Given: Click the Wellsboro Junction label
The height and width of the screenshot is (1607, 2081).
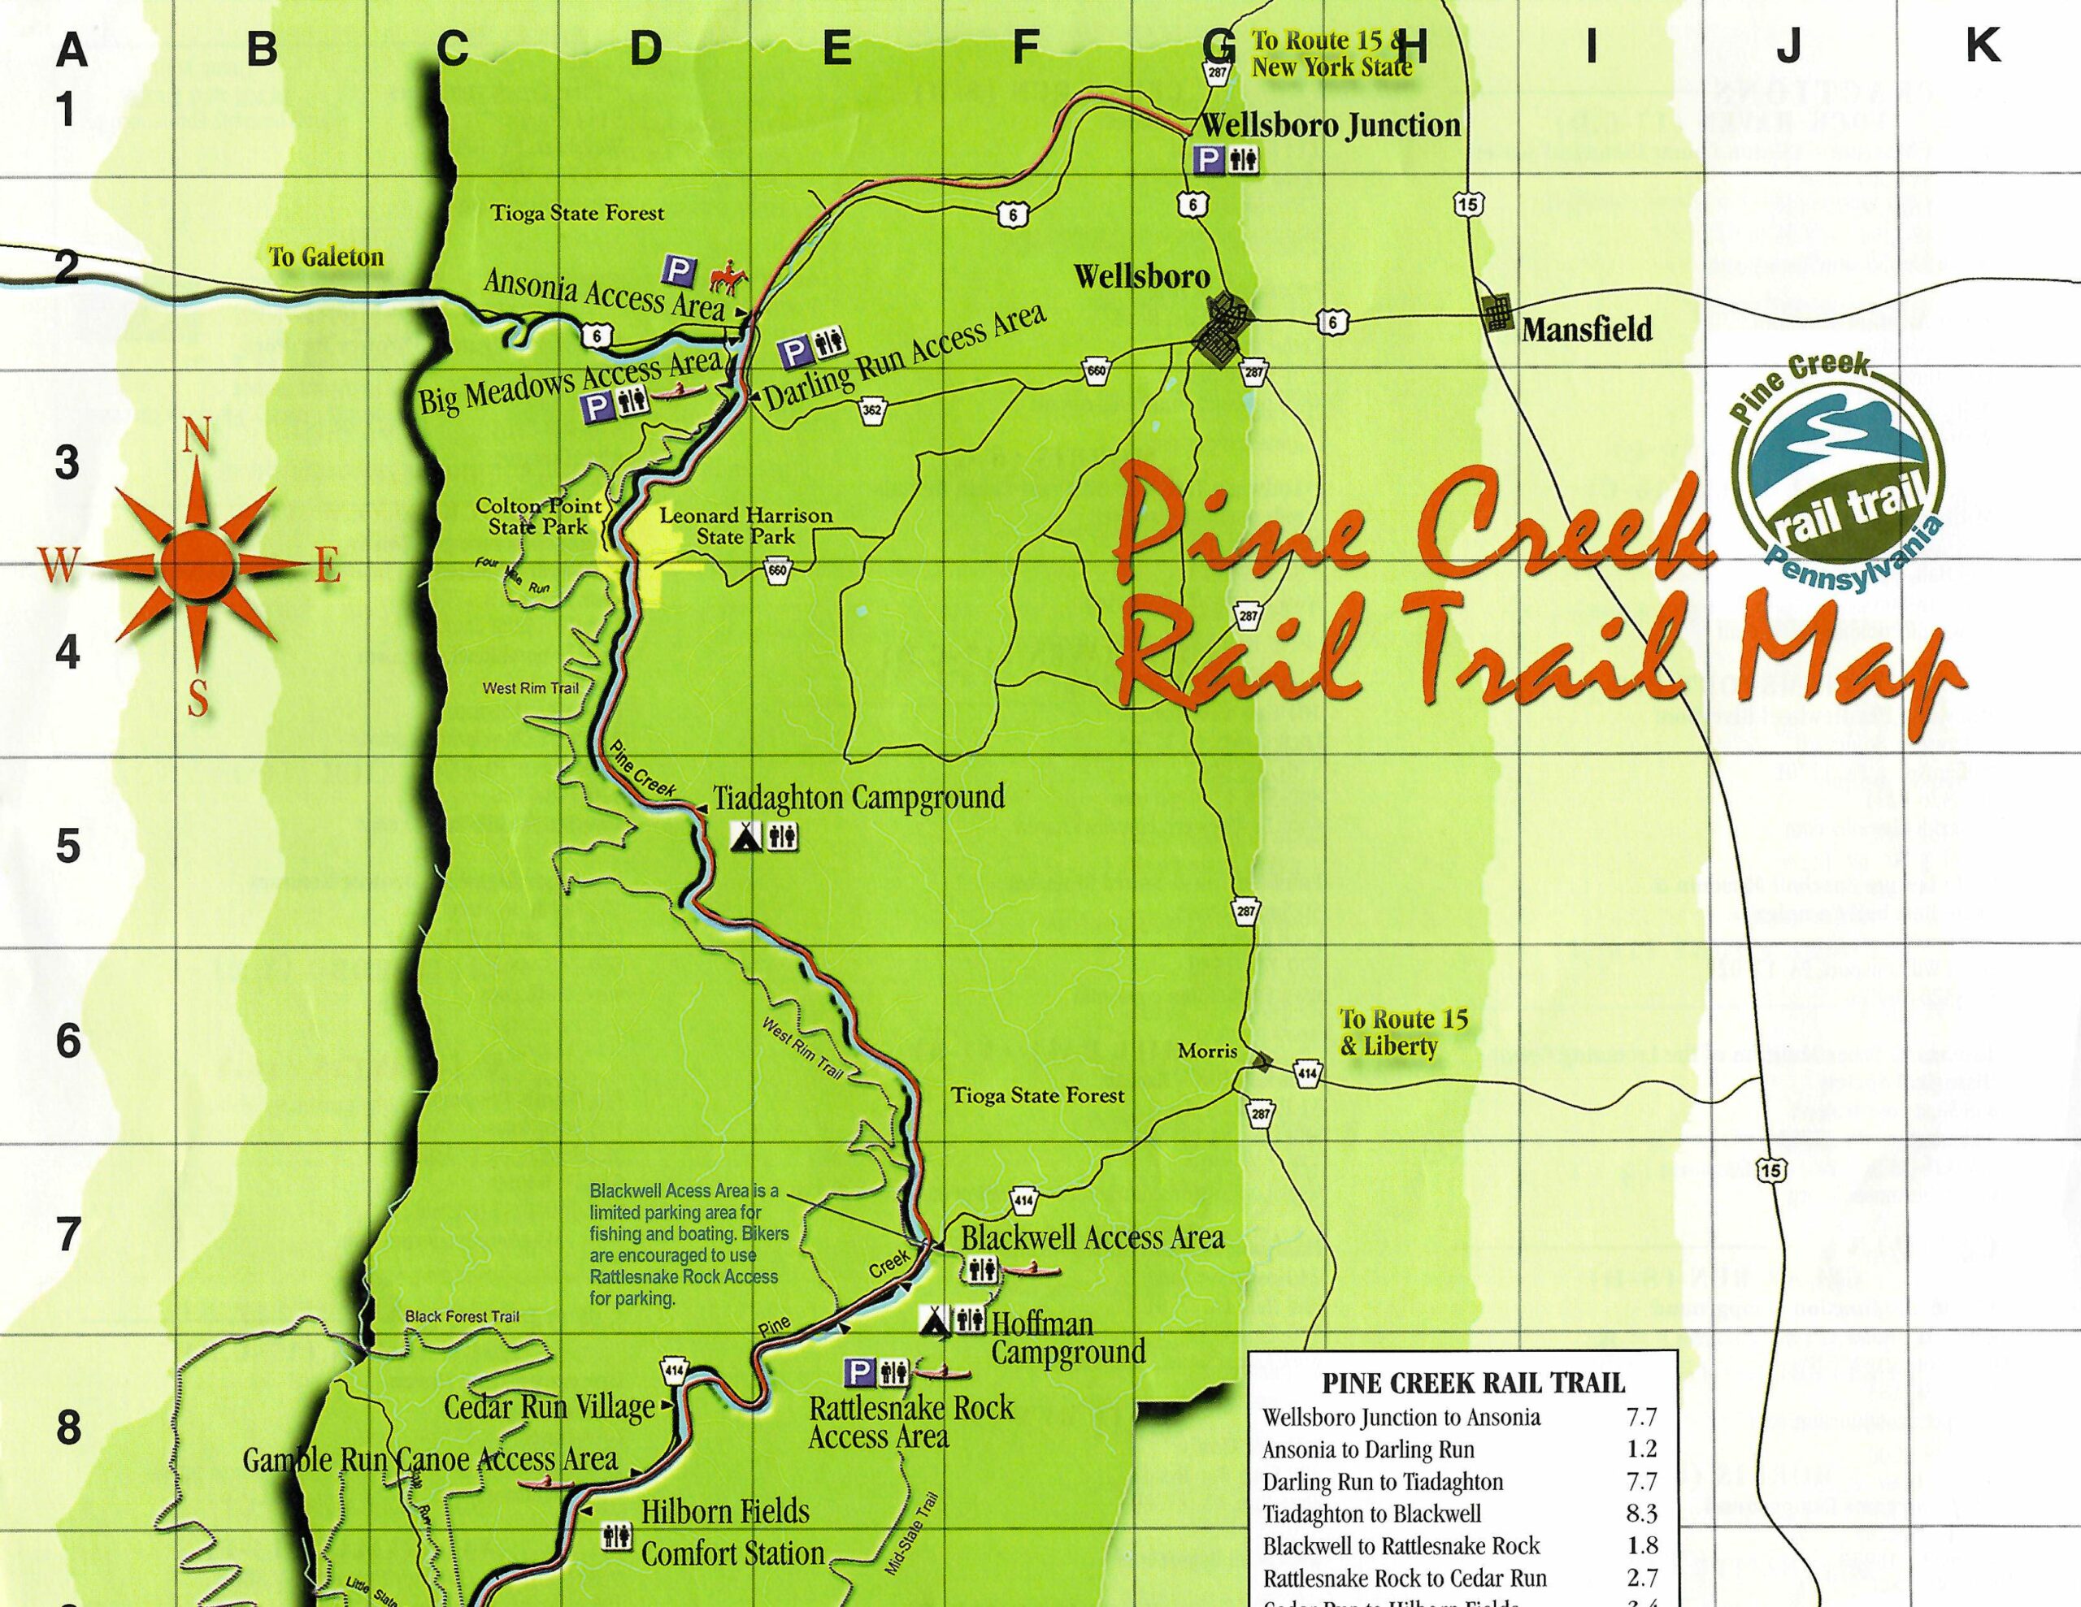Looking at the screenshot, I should tap(1330, 125).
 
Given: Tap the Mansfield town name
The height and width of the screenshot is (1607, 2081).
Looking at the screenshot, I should tap(1587, 330).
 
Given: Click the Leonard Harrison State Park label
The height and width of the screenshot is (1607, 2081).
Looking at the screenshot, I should tap(745, 526).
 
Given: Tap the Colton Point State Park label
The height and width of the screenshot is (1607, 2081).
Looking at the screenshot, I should tap(539, 516).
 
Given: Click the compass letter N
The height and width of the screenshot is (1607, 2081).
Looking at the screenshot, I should tap(196, 437).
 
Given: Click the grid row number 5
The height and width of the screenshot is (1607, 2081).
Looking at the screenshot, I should tap(67, 846).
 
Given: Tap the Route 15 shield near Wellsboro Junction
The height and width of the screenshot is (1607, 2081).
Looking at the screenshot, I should tap(1467, 203).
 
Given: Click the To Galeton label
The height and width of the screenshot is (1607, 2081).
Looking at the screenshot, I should tap(326, 258).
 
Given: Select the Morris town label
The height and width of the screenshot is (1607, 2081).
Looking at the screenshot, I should tap(1207, 1051).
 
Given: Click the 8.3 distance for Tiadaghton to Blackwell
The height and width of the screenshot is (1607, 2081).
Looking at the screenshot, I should tap(1643, 1513).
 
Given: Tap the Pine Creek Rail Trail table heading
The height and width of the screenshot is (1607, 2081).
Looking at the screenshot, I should tap(1473, 1383).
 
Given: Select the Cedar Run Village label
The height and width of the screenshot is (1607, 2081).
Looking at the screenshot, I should tap(550, 1407).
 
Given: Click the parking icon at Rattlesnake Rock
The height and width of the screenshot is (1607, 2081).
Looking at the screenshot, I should tap(859, 1371).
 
